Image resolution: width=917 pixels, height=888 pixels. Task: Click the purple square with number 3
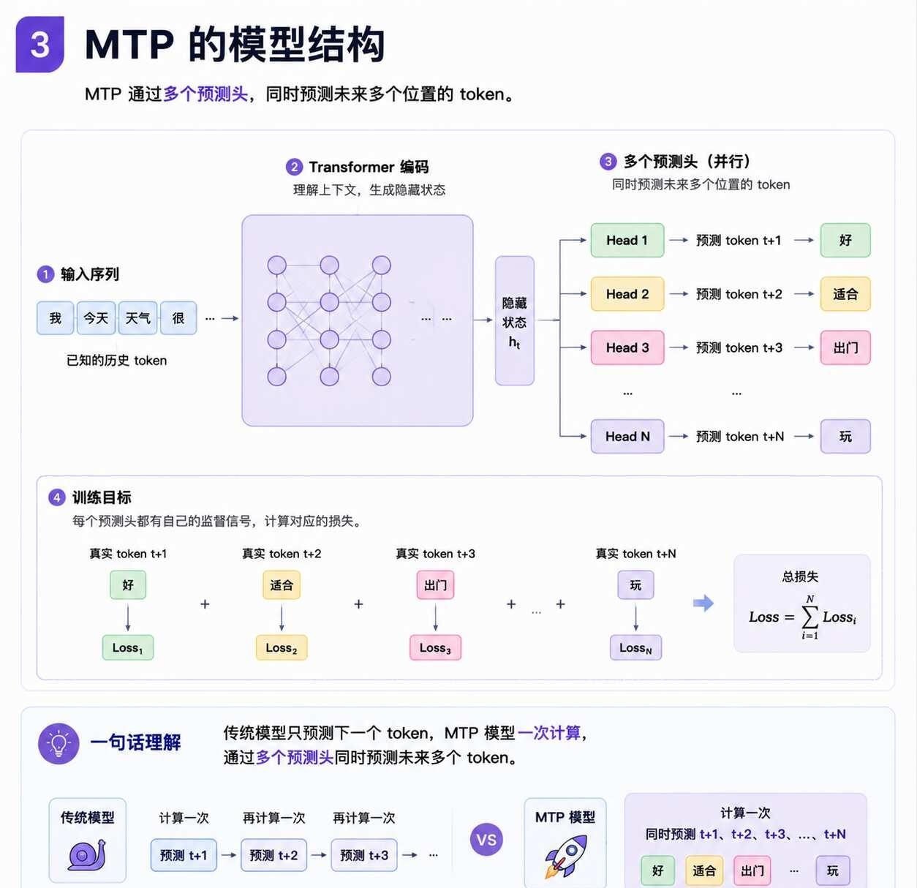click(x=40, y=45)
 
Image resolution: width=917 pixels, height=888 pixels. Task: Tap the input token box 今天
click(x=96, y=318)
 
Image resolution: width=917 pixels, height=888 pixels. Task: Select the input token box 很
click(x=178, y=318)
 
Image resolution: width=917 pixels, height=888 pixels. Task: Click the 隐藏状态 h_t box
click(x=515, y=320)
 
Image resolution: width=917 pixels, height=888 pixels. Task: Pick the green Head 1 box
click(x=627, y=241)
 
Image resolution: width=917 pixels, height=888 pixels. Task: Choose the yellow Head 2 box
click(x=627, y=294)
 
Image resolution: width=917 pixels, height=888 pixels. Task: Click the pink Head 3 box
click(x=627, y=348)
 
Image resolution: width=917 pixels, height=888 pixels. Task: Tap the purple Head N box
click(x=627, y=437)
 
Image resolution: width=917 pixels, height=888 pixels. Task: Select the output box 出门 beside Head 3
click(x=845, y=348)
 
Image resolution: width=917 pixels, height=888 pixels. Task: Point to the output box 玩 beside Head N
click(x=845, y=437)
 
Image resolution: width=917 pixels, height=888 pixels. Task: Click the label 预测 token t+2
click(x=739, y=294)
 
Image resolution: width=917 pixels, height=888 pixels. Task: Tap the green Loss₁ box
click(x=128, y=647)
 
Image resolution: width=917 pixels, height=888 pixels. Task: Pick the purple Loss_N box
click(x=635, y=647)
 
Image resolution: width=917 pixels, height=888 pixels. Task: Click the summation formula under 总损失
click(x=802, y=617)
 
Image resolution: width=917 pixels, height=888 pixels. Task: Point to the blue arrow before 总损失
click(x=703, y=603)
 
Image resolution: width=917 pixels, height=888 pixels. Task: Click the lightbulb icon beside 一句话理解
click(x=59, y=743)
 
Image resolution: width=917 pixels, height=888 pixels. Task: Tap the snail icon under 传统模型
click(x=87, y=854)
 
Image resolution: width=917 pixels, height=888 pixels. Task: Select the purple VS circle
click(x=486, y=840)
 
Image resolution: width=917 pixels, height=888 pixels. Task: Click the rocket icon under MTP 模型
click(x=566, y=857)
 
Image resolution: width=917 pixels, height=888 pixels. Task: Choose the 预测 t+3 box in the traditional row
click(x=363, y=855)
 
